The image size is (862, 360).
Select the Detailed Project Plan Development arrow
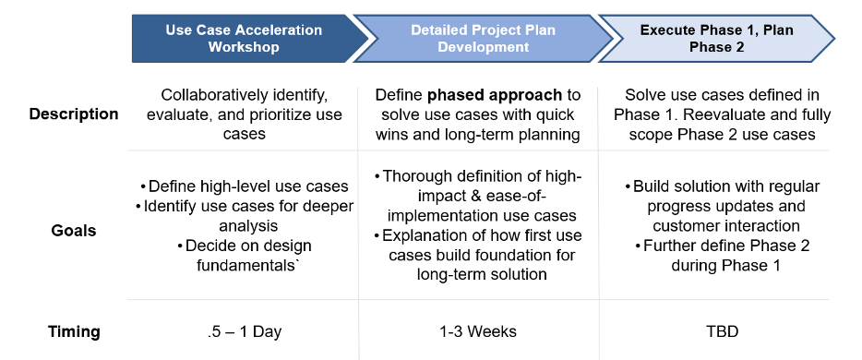(483, 39)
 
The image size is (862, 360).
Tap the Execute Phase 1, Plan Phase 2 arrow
(716, 39)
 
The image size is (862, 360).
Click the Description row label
(74, 114)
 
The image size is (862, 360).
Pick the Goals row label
(74, 231)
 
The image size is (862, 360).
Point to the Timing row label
(74, 332)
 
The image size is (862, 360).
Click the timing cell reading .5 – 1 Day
(245, 332)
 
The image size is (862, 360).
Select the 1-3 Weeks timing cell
(478, 332)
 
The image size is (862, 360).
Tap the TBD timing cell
(724, 332)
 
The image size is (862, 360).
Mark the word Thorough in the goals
(416, 176)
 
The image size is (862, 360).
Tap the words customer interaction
(726, 226)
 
